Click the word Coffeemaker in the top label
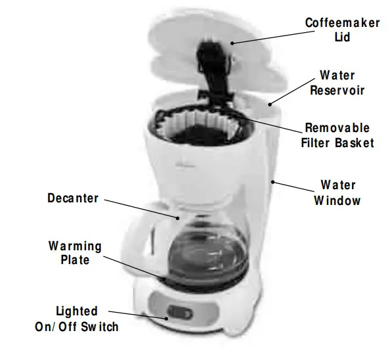(x=342, y=23)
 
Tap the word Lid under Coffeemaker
(x=342, y=37)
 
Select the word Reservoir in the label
(x=337, y=90)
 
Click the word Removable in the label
(x=337, y=128)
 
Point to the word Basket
(x=354, y=143)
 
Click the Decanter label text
(x=72, y=197)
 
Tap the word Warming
(x=75, y=246)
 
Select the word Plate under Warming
(x=75, y=260)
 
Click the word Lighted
(x=76, y=311)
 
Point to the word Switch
(x=100, y=326)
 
